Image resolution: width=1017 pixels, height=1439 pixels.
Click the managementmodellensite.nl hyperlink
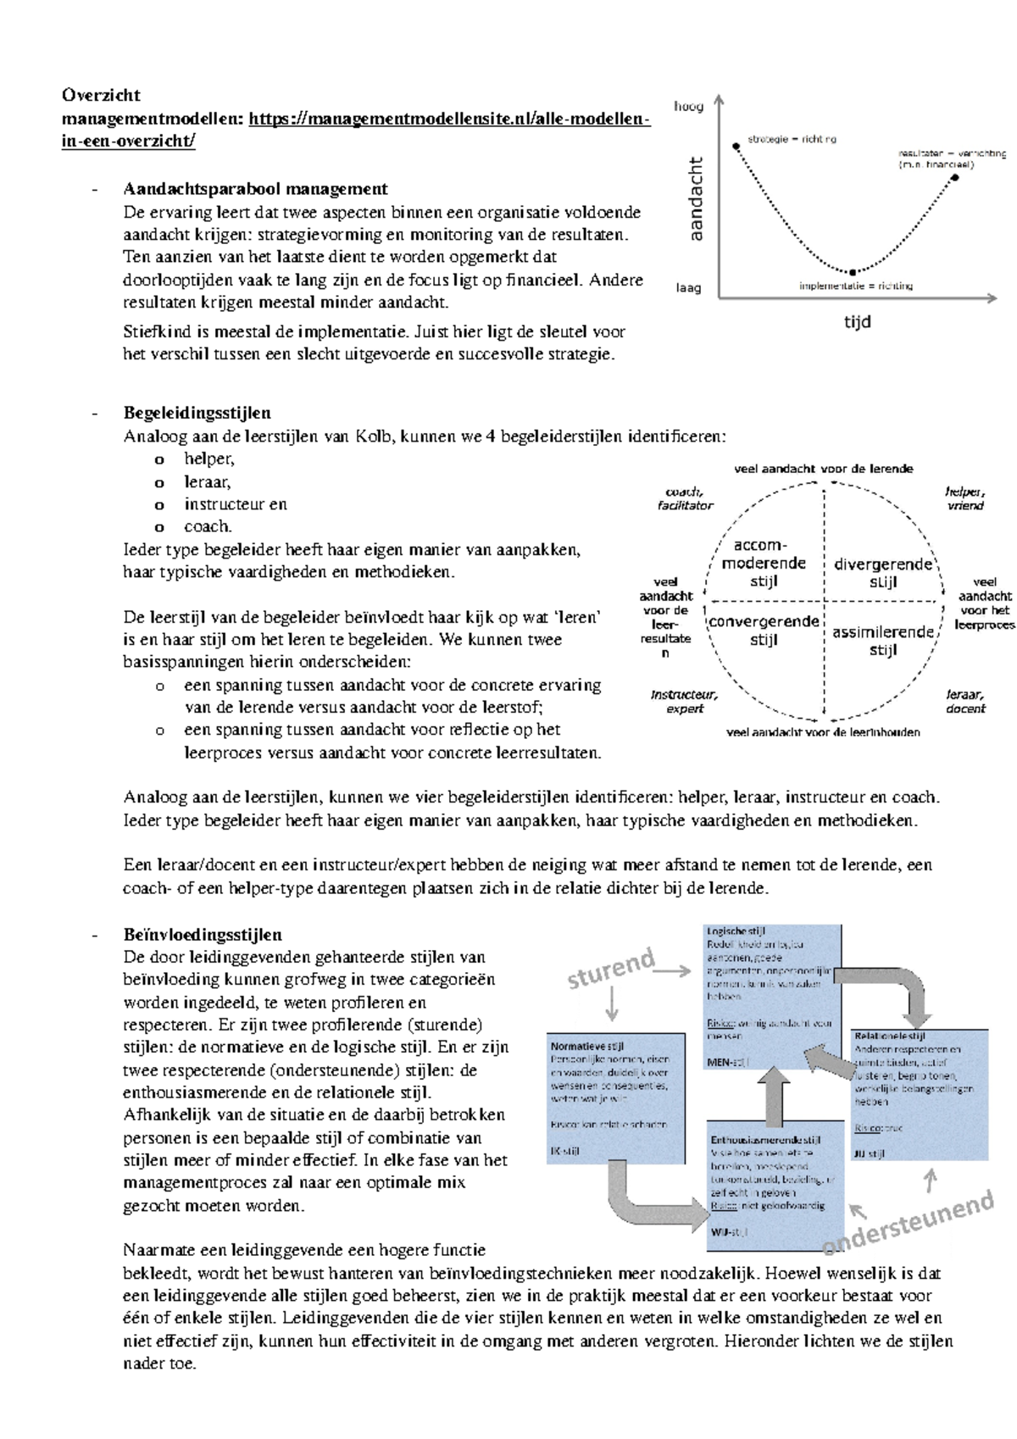click(x=449, y=119)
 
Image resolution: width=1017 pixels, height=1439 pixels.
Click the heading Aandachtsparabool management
click(x=255, y=189)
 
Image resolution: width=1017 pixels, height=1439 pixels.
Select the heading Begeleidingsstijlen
click(x=197, y=414)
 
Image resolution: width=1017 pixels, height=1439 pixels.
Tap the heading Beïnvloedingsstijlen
click(x=202, y=935)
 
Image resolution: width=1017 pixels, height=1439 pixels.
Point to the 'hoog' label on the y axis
click(x=688, y=107)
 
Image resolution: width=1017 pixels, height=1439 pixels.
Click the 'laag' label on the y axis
click(x=688, y=288)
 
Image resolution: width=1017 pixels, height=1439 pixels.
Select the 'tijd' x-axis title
click(x=857, y=322)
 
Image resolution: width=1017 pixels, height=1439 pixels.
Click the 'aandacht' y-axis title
click(x=696, y=198)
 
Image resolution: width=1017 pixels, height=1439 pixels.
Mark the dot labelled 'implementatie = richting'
click(x=853, y=271)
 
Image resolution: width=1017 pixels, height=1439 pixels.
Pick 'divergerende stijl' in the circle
click(x=882, y=573)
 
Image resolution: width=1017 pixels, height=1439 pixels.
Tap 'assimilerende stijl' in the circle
click(x=882, y=641)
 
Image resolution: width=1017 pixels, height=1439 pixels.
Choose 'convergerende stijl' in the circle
click(x=764, y=631)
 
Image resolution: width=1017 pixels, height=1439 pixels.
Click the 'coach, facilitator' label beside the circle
click(x=685, y=498)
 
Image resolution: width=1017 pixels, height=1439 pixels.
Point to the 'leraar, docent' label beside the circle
click(x=965, y=702)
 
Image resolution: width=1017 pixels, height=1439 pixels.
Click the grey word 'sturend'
click(x=611, y=968)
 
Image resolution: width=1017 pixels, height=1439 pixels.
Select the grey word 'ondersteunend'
click(x=908, y=1222)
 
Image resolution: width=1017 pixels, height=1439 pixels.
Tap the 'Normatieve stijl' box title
click(x=587, y=1047)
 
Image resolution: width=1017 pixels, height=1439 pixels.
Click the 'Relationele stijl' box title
click(x=890, y=1036)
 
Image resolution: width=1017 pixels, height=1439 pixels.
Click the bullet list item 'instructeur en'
click(x=236, y=504)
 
